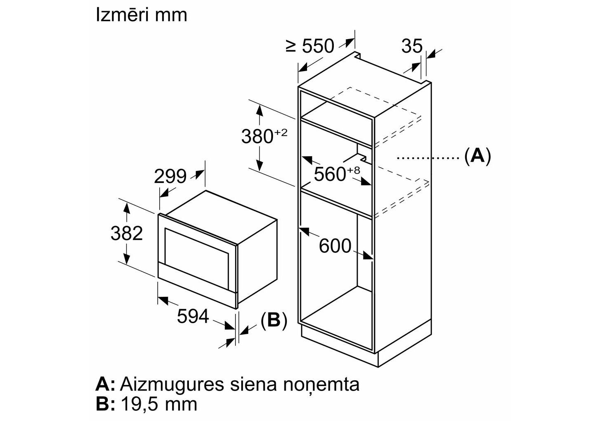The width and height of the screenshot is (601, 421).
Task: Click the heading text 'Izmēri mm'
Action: tap(141, 15)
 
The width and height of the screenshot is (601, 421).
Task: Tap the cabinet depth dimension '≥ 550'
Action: tap(310, 46)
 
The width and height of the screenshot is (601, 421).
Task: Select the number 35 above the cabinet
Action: tap(412, 46)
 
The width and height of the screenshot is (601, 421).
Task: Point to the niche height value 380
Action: tap(257, 136)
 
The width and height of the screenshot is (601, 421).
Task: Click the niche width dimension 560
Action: tap(330, 174)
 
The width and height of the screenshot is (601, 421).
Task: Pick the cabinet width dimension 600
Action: tap(335, 246)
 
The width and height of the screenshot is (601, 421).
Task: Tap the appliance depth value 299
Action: tap(170, 176)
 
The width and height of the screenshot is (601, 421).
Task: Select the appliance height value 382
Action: tap(127, 233)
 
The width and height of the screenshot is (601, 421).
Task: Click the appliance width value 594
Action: tap(193, 317)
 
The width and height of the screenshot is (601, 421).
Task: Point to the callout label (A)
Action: tap(478, 155)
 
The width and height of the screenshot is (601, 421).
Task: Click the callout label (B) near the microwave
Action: tap(274, 320)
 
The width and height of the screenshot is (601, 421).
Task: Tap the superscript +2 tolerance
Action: tap(281, 133)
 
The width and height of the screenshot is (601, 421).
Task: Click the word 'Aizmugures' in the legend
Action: tap(172, 385)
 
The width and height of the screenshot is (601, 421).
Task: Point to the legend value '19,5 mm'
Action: tap(159, 404)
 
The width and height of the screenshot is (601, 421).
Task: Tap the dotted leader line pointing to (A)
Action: tap(428, 158)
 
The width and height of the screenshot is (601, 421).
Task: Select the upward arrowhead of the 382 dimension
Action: tap(126, 208)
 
